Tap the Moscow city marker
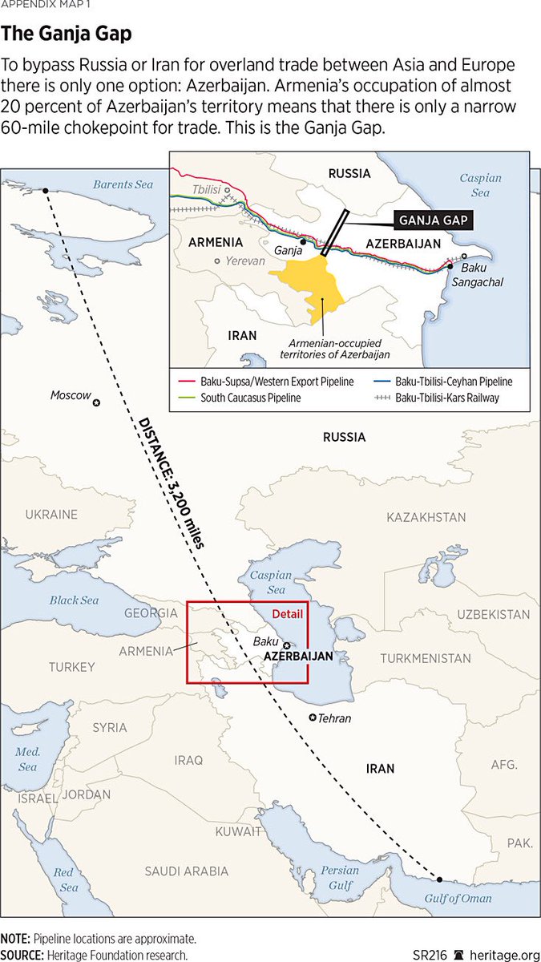tap(96, 402)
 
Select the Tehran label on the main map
tap(334, 718)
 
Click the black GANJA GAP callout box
tap(430, 220)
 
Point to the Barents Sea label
tap(123, 184)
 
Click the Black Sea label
tap(74, 600)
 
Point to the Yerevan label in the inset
tap(244, 261)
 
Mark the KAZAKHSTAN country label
tap(426, 518)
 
